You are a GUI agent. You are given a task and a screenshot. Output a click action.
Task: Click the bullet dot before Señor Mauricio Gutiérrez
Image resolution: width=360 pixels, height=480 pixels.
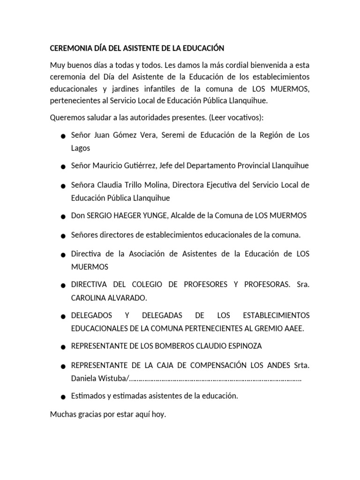coord(62,167)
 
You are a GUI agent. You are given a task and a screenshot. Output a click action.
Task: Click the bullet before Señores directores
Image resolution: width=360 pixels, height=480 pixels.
coord(62,235)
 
